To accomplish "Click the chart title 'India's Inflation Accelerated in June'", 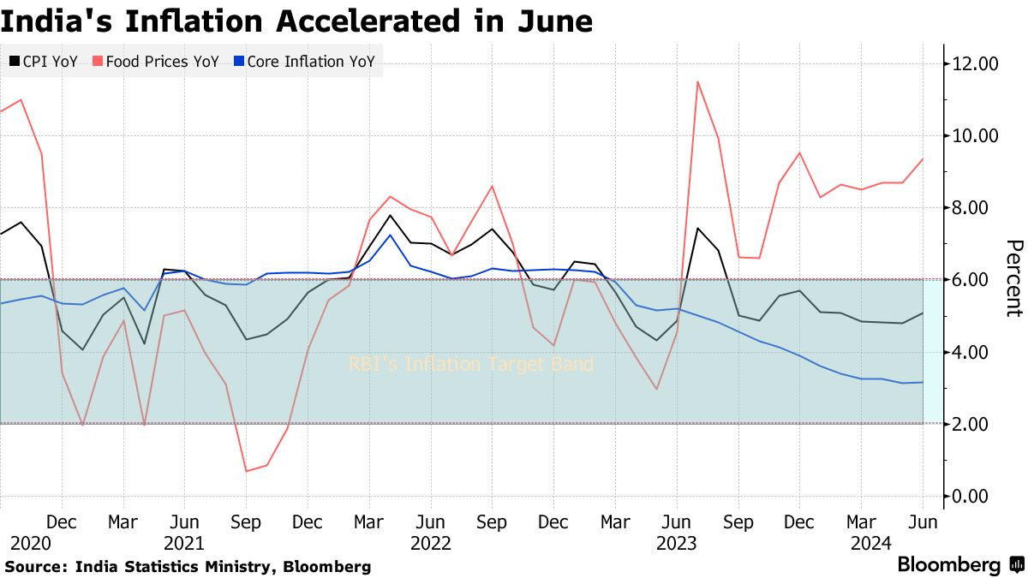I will (x=296, y=21).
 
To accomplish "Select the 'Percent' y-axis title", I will (x=1013, y=278).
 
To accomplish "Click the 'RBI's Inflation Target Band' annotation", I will (x=470, y=365).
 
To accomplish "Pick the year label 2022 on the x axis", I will (x=431, y=543).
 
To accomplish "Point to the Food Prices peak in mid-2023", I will (x=698, y=81).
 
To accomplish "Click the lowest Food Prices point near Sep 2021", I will (x=247, y=471).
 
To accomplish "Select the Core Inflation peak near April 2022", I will (x=391, y=235).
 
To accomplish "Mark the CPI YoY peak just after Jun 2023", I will (x=698, y=228).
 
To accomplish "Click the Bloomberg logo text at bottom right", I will (x=948, y=565).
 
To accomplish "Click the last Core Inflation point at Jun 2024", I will (x=923, y=382).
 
